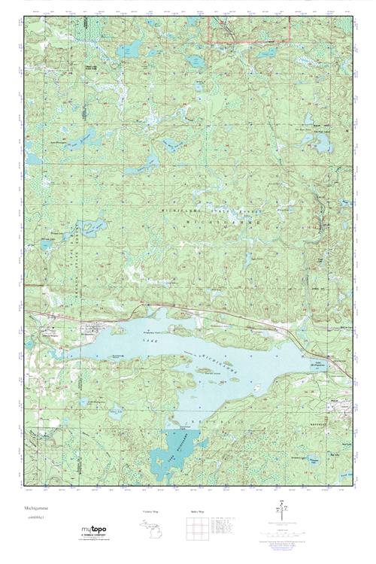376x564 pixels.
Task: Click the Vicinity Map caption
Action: [x=151, y=511]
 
